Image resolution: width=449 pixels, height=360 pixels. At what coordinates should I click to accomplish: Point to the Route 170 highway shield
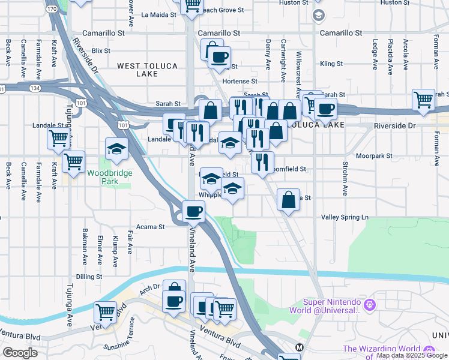(x=53, y=9)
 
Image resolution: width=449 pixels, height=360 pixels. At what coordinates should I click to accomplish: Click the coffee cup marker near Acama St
(x=194, y=211)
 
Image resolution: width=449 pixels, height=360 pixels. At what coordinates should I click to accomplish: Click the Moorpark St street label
(x=373, y=155)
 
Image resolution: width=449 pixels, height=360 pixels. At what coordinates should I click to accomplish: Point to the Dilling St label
(x=89, y=277)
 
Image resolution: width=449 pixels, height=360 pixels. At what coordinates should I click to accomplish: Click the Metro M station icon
(x=299, y=347)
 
